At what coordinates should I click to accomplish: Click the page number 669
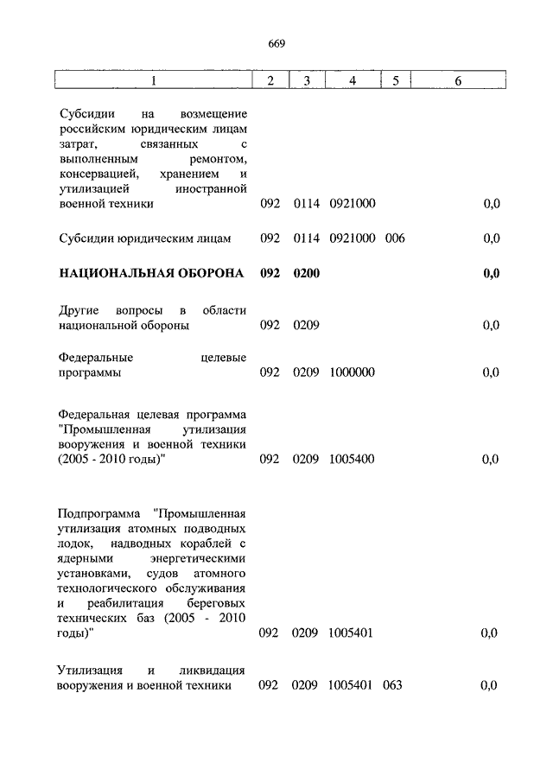coord(276,44)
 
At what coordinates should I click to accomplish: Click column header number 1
coord(153,80)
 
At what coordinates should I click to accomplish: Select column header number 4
coord(352,80)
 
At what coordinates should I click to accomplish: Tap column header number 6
coord(458,80)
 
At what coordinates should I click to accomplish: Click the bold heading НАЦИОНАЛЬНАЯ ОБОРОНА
coord(151,274)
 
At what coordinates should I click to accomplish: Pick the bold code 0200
coord(306,274)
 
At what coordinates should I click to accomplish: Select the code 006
coord(395,238)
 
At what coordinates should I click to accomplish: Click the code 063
coord(395,685)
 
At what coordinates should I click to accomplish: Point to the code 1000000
coord(352,372)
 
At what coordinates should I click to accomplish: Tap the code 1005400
coord(352,459)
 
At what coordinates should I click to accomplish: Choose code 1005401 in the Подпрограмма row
coord(352,633)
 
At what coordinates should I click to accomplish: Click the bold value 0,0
coord(491,274)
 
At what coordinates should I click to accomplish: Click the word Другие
coord(81,310)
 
